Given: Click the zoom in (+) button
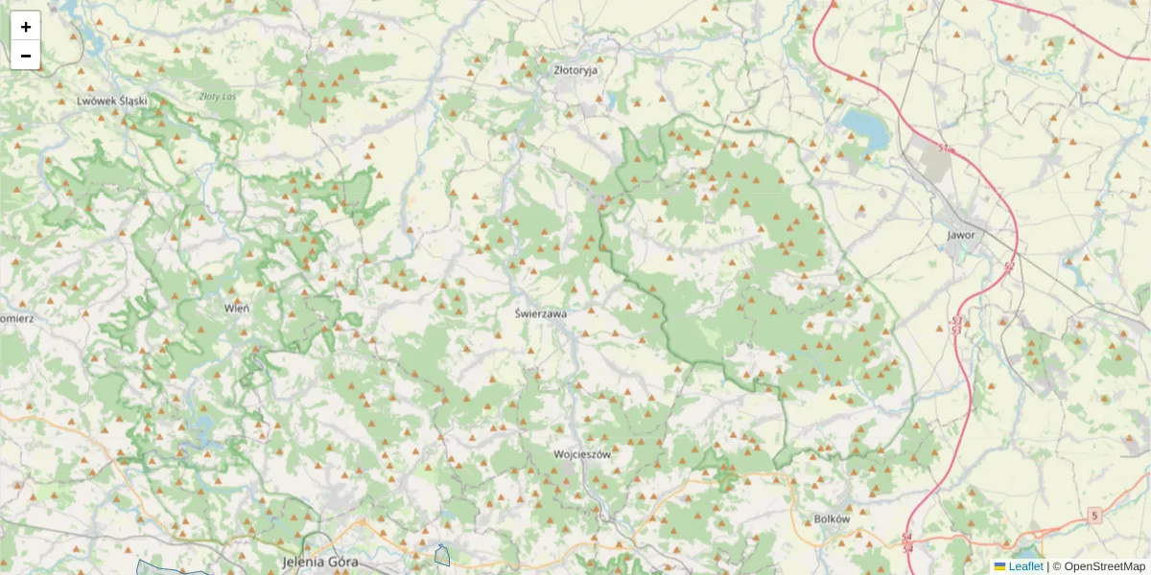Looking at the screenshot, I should tap(26, 26).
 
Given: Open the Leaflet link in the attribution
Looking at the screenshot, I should tap(1025, 566).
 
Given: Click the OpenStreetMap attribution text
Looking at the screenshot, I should tap(1104, 566).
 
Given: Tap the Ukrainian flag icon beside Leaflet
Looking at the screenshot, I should tap(999, 566).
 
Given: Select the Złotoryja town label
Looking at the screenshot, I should tap(575, 70).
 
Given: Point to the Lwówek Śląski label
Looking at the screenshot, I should tap(111, 101).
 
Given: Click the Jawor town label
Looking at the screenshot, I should tap(960, 234).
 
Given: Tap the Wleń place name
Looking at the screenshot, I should tap(236, 308).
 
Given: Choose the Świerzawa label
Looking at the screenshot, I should tap(540, 312).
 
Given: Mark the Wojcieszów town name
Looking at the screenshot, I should tap(582, 455).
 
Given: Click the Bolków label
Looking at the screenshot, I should tap(832, 518).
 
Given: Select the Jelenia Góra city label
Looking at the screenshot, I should tap(320, 561).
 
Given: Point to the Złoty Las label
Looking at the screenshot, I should tap(217, 96).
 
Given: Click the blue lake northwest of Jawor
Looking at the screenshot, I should tap(864, 127).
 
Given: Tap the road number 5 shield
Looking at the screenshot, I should tap(1094, 516).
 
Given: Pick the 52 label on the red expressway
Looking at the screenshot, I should tap(1009, 265).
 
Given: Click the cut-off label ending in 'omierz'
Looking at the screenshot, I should tap(17, 317).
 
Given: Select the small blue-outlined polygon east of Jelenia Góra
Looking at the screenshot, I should tap(442, 555).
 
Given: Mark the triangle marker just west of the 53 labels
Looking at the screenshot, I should tap(939, 328).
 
